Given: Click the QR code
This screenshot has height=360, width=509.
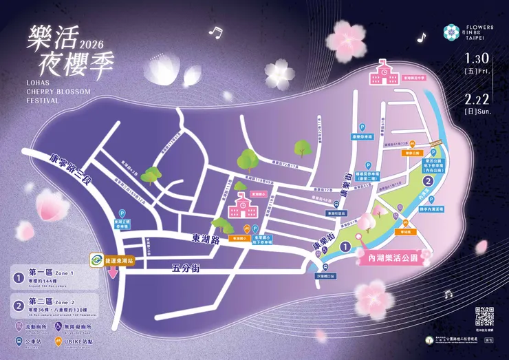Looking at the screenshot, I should (x=485, y=317).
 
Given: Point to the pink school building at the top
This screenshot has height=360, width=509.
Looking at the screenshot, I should (x=383, y=68).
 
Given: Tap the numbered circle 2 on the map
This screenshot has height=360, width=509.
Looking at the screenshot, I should (x=429, y=181).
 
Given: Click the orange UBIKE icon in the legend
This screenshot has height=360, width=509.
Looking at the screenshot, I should (x=69, y=340).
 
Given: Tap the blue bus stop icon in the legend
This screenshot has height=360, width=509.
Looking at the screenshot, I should (x=19, y=340).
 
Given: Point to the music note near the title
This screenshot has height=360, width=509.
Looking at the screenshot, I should (x=217, y=32).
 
